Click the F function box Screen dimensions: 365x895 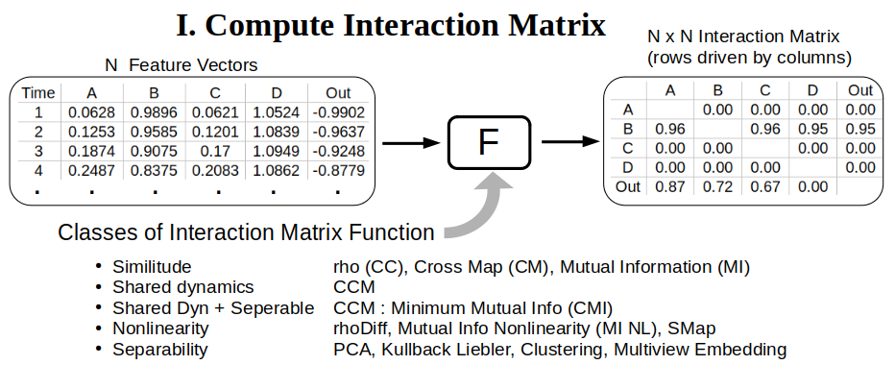click(x=488, y=143)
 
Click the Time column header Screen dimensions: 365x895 click(x=38, y=93)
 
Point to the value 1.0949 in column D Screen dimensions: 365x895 click(x=277, y=152)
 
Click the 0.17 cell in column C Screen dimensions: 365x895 click(x=215, y=152)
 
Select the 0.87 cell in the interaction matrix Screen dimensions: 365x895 click(x=668, y=186)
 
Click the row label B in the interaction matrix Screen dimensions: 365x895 click(x=628, y=129)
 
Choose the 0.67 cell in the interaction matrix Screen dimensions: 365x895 click(x=765, y=186)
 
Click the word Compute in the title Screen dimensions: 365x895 click(x=288, y=26)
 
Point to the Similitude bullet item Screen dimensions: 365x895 click(x=152, y=266)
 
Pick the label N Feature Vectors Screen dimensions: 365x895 click(x=181, y=66)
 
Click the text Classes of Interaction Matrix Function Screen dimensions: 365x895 click(x=246, y=233)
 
